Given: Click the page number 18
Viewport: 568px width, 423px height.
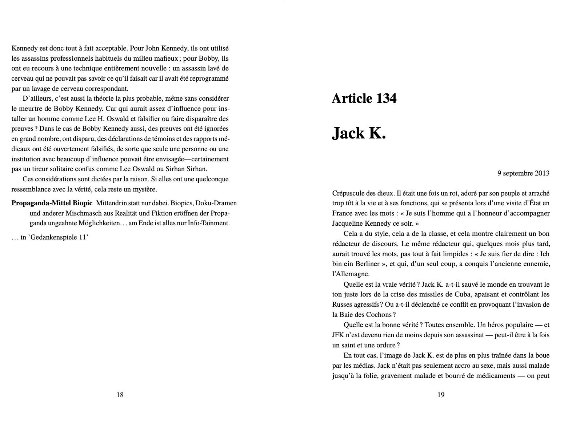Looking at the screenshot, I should [120, 395].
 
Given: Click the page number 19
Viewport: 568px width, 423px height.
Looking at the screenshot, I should [441, 395].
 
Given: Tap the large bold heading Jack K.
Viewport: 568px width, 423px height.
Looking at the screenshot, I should [359, 133].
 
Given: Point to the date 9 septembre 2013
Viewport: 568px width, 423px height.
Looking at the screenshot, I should [523, 173].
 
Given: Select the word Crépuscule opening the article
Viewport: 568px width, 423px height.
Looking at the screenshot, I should [349, 193].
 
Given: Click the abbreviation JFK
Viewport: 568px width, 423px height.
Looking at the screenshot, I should [339, 335].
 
